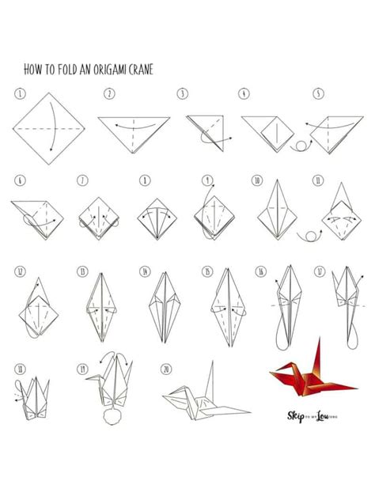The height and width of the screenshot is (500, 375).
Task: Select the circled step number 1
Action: pos(19,93)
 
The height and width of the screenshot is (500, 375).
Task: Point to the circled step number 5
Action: pos(317,93)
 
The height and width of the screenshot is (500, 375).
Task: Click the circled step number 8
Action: pos(145,180)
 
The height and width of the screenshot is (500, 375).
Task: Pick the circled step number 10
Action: pos(256,180)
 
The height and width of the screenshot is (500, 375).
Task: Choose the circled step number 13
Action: pos(81,271)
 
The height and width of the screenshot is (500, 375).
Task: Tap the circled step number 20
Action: pos(166,369)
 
